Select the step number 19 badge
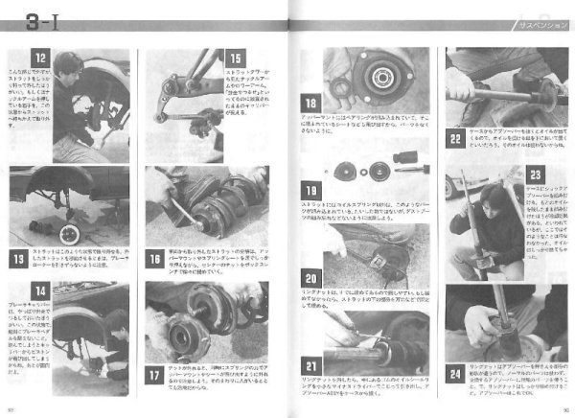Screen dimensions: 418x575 [310, 190]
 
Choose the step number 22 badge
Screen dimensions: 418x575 [455, 136]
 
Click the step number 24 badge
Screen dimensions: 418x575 [455, 374]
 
